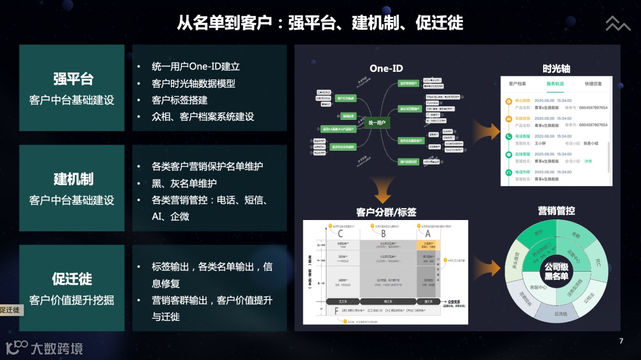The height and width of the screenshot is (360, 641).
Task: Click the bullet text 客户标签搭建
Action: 179,100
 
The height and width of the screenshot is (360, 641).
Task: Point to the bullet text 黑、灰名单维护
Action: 184,183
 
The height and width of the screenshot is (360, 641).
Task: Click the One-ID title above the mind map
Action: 386,69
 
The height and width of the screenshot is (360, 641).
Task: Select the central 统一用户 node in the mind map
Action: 377,123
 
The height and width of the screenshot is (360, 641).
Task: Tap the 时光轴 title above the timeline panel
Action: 556,68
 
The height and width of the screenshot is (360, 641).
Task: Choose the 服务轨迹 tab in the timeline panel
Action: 555,84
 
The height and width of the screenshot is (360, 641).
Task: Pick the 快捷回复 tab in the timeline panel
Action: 593,84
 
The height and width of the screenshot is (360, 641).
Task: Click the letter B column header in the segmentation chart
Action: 383,233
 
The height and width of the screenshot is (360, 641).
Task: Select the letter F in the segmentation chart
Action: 336,311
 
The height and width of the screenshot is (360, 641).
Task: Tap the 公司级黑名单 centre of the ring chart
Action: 556,272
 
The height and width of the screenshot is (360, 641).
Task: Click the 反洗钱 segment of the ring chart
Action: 560,314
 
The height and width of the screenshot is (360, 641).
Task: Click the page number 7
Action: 621,341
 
